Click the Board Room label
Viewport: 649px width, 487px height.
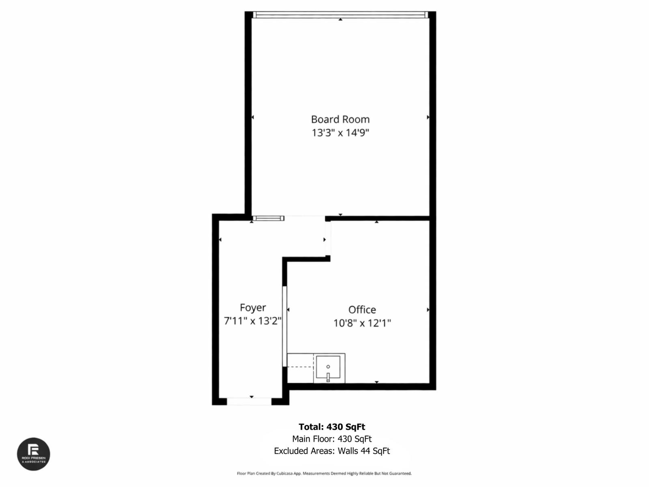(x=340, y=119)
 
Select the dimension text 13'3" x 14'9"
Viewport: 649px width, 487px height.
(x=340, y=133)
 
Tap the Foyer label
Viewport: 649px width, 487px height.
(x=253, y=308)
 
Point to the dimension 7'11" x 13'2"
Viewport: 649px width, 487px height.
(x=253, y=321)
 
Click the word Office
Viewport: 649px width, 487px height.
(x=362, y=310)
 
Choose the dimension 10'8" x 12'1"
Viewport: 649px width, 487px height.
(x=362, y=323)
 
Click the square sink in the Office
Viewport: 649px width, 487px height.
(x=329, y=368)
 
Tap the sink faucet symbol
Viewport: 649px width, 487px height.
(x=328, y=377)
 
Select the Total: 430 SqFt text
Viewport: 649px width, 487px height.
(x=332, y=427)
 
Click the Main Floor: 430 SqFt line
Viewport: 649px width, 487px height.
(x=332, y=439)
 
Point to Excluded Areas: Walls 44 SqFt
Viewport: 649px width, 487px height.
(x=332, y=451)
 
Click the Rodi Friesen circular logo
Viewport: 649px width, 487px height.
(x=33, y=454)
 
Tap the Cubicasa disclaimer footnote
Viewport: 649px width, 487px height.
(x=324, y=473)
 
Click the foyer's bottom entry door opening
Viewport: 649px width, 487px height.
(x=249, y=401)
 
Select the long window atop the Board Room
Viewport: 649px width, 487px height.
(x=340, y=15)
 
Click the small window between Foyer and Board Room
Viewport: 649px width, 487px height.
(x=268, y=218)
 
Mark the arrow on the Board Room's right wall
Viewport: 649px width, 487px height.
(x=428, y=117)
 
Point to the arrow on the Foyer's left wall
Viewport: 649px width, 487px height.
(x=220, y=240)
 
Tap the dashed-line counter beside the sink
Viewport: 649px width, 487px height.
(x=300, y=367)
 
